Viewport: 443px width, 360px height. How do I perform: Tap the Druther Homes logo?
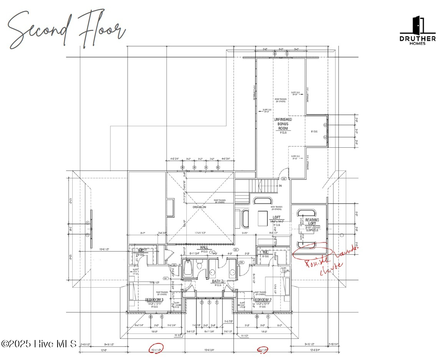coord(418,31)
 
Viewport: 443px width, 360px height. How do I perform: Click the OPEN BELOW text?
coord(199,207)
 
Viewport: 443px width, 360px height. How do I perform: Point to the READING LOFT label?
coord(312,222)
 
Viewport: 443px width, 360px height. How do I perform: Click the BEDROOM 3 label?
coord(154,300)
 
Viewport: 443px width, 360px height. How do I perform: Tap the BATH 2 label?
coord(217,281)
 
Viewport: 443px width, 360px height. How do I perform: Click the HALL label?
coord(204,247)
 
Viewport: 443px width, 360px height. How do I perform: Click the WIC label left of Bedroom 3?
coord(141,251)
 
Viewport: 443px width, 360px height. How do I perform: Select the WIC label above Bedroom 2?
coord(265,252)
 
